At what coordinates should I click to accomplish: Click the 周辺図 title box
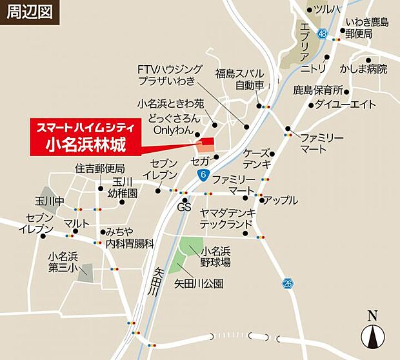(x=30, y=12)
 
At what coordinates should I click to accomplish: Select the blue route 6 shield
(x=204, y=175)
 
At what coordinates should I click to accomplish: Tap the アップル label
(x=281, y=200)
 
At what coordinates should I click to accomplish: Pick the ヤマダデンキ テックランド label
(x=227, y=218)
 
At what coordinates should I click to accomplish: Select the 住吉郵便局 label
(x=99, y=169)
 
